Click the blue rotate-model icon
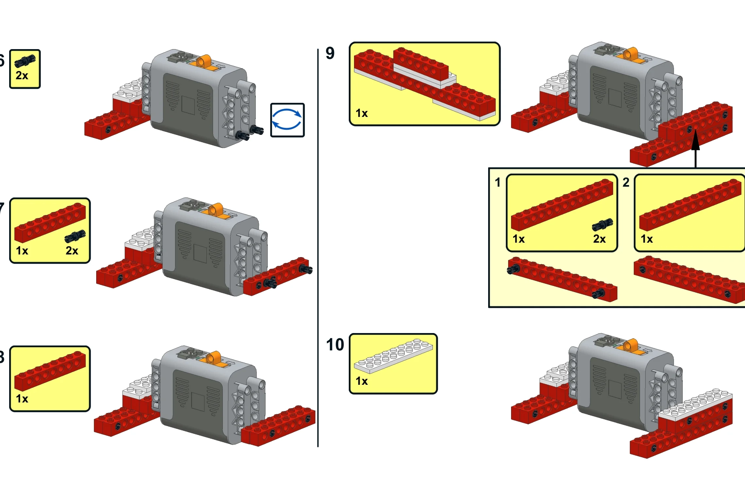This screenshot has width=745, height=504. click(x=287, y=120)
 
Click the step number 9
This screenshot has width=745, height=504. click(x=330, y=53)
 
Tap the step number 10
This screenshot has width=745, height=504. click(x=335, y=345)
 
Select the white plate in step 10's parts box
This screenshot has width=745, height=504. click(x=393, y=356)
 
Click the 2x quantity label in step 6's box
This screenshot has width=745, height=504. click(x=22, y=76)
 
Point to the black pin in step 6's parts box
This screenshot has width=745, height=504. click(x=25, y=61)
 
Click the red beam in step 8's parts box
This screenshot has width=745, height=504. click(x=50, y=371)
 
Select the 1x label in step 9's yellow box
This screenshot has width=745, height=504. click(x=362, y=113)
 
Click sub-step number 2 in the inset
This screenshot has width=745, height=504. click(x=626, y=182)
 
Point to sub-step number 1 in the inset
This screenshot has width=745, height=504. click(x=498, y=182)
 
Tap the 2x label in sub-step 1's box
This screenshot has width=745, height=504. click(x=599, y=239)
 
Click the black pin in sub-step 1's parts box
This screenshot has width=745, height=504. click(x=602, y=224)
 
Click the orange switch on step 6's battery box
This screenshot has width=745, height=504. click(x=204, y=61)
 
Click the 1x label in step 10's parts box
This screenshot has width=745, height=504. click(x=362, y=381)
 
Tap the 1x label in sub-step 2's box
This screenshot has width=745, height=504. click(x=647, y=239)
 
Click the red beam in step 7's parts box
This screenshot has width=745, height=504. click(x=50, y=223)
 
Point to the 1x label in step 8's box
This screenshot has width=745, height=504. click(x=22, y=399)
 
